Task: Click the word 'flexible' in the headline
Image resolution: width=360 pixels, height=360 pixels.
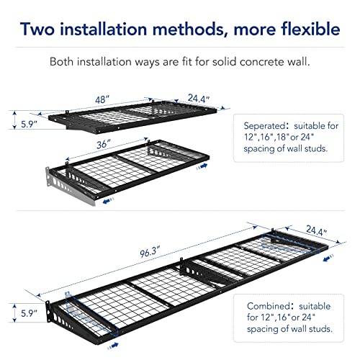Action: [x=300, y=30]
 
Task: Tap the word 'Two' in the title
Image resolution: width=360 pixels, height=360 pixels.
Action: [x=42, y=30]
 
